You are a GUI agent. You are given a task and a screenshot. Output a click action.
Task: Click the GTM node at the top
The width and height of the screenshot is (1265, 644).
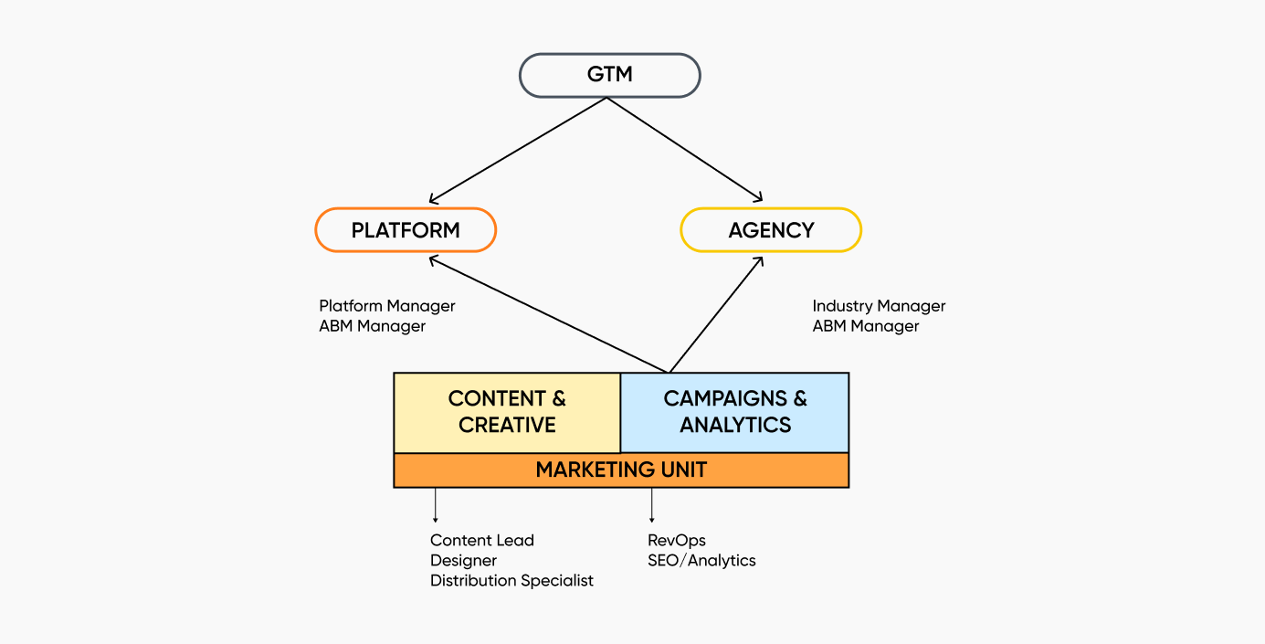tap(609, 75)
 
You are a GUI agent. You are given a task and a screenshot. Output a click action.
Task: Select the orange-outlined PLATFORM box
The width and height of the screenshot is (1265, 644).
tap(406, 230)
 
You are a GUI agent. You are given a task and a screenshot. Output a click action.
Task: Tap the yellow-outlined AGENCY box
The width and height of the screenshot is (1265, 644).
tap(771, 230)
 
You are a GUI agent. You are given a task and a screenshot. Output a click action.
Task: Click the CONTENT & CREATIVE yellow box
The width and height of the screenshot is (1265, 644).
tap(507, 412)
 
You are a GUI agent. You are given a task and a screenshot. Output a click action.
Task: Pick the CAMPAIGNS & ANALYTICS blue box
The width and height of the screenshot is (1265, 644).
tap(735, 412)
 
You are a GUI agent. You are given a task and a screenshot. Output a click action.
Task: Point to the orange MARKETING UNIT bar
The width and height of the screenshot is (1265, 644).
tap(621, 470)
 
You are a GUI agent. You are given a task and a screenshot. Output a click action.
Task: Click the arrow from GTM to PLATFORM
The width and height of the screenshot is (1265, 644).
tap(517, 151)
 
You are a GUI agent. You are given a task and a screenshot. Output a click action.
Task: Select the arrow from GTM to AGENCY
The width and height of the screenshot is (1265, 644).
tap(685, 150)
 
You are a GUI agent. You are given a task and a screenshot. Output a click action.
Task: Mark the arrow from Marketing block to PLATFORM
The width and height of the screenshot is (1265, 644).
tap(548, 314)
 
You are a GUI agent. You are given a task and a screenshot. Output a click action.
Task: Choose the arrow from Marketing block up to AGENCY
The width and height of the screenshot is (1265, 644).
tap(717, 315)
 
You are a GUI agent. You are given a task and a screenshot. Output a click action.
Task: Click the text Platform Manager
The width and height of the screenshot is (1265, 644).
tap(387, 306)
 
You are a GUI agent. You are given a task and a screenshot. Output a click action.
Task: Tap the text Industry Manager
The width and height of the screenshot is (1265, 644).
tap(879, 306)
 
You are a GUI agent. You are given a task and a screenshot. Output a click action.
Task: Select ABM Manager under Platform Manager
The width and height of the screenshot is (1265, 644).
tap(373, 326)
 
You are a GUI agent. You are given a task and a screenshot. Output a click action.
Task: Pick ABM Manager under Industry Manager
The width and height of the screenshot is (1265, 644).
tap(866, 326)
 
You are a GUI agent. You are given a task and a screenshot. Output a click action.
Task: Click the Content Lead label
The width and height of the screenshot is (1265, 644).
tap(482, 541)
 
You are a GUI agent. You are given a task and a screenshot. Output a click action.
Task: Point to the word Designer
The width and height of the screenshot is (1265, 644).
tap(464, 561)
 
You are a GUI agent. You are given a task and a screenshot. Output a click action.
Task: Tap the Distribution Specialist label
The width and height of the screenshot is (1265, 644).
tap(511, 581)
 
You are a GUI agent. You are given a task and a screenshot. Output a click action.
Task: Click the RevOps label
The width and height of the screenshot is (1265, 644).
tap(677, 541)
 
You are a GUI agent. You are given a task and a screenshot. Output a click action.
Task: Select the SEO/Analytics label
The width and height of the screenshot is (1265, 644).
tap(701, 561)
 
